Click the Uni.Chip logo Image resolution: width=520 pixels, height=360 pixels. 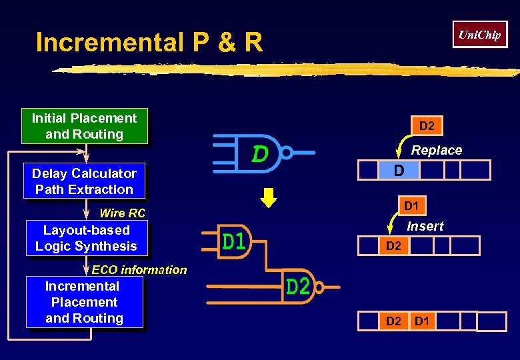coord(479,35)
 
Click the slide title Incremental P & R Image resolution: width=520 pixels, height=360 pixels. coord(149,43)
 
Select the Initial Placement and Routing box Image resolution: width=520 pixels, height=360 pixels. coord(84,126)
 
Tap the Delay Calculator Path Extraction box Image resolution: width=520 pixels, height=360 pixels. coord(84,181)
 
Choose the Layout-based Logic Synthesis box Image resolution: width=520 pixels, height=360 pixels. coord(86,238)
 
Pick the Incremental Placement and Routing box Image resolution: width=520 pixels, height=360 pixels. coord(84,302)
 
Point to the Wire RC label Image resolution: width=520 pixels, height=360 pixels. coord(122,213)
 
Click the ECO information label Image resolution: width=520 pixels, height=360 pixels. coord(139,270)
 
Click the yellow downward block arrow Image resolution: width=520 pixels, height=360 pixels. coord(268,199)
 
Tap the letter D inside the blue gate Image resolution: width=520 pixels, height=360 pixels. coord(260,155)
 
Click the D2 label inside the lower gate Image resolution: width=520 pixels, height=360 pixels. coord(297,287)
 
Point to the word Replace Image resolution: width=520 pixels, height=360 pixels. coord(436,151)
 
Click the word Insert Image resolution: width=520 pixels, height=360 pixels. coord(425,227)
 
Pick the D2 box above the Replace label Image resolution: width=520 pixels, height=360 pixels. coord(427,126)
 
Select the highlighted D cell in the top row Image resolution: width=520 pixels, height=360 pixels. coord(399,171)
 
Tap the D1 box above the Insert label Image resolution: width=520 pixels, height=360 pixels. coord(411,206)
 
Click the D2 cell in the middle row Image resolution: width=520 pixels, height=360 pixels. coord(394,246)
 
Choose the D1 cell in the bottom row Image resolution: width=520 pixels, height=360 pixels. coord(422,322)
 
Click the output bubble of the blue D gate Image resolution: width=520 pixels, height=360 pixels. coord(286,153)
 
